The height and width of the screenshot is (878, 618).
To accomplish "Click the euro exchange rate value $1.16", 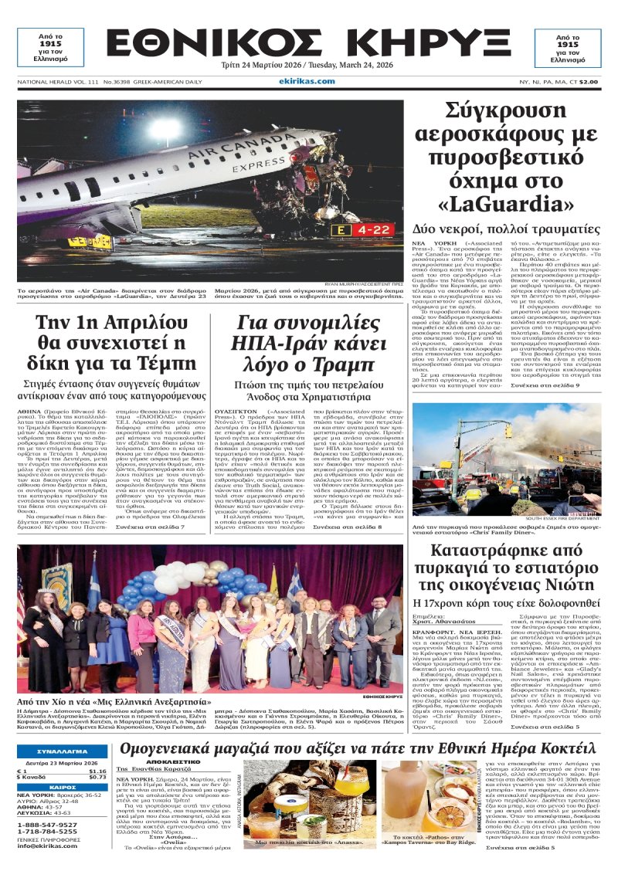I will point(97,771).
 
